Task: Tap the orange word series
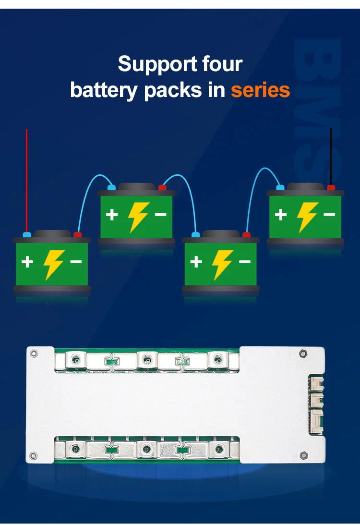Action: tap(261, 90)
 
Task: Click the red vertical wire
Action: tap(26, 178)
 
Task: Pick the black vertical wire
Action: tap(331, 154)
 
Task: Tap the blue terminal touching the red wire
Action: tap(27, 235)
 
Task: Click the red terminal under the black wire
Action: tap(331, 187)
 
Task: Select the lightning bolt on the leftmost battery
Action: tap(53, 264)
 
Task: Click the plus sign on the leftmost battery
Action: tap(27, 262)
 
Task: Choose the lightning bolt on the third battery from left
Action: tap(222, 264)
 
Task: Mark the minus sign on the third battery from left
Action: tap(245, 262)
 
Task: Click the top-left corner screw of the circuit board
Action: tap(33, 354)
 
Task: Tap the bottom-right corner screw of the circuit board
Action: tap(303, 455)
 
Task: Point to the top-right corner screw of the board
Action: tap(303, 354)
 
